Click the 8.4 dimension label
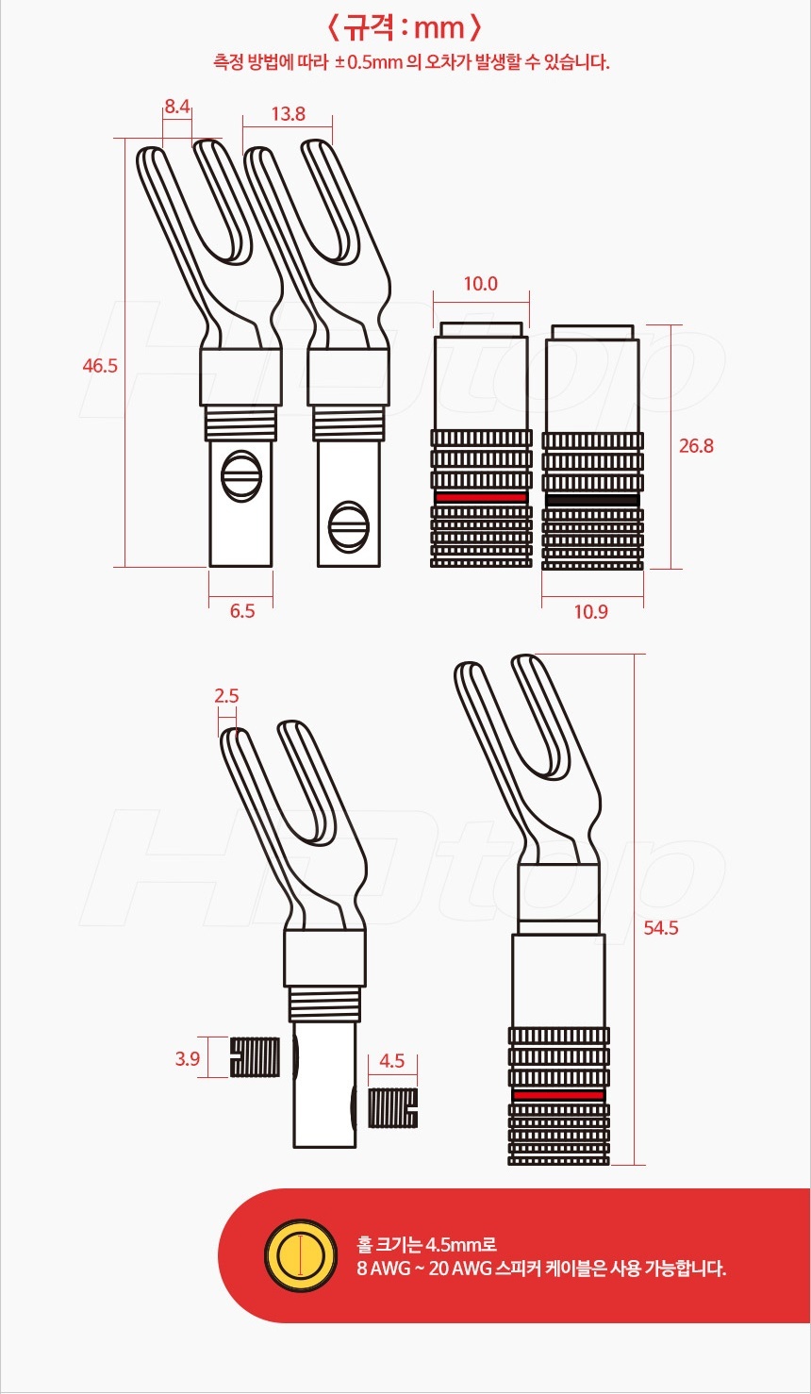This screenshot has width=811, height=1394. pyautogui.click(x=177, y=107)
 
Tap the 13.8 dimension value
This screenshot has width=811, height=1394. pyautogui.click(x=288, y=114)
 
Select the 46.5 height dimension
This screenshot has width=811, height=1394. pyautogui.click(x=99, y=366)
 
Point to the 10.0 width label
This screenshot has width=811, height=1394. pyautogui.click(x=480, y=283)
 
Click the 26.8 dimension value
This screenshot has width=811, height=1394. pyautogui.click(x=696, y=445)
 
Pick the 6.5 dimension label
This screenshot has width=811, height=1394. pyautogui.click(x=241, y=610)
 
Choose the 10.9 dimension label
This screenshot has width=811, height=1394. pyautogui.click(x=590, y=611)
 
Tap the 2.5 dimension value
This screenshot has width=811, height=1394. pyautogui.click(x=226, y=696)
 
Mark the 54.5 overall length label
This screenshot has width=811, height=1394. pyautogui.click(x=661, y=928)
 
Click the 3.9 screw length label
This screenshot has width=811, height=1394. pyautogui.click(x=187, y=1058)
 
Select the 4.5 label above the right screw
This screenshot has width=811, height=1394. pyautogui.click(x=390, y=1061)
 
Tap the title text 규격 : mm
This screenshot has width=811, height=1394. pyautogui.click(x=405, y=27)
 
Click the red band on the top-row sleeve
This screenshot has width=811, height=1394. pyautogui.click(x=480, y=497)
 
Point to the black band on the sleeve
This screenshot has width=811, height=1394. pyautogui.click(x=591, y=499)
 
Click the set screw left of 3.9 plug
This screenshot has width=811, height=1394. pyautogui.click(x=256, y=1057)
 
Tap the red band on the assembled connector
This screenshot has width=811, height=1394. pyautogui.click(x=557, y=1095)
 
